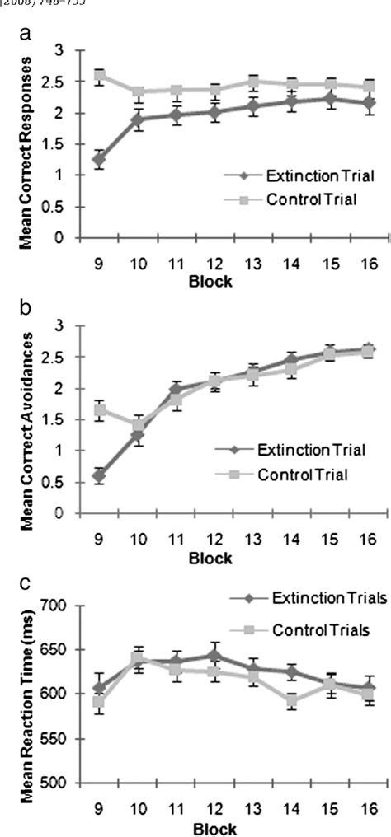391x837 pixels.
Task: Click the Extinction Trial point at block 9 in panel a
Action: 99,159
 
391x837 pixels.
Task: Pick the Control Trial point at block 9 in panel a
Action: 99,76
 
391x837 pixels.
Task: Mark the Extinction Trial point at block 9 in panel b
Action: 99,475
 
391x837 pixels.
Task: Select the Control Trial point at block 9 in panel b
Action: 99,409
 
